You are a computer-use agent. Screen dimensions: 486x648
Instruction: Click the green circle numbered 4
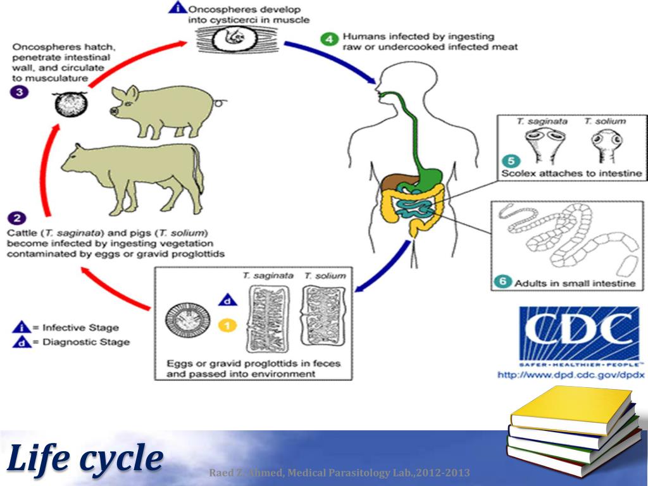[x=328, y=40]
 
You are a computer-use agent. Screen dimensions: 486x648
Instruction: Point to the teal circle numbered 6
[x=504, y=281]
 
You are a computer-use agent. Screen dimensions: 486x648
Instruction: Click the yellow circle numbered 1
[x=227, y=326]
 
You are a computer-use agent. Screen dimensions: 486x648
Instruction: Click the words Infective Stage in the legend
[x=80, y=328]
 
